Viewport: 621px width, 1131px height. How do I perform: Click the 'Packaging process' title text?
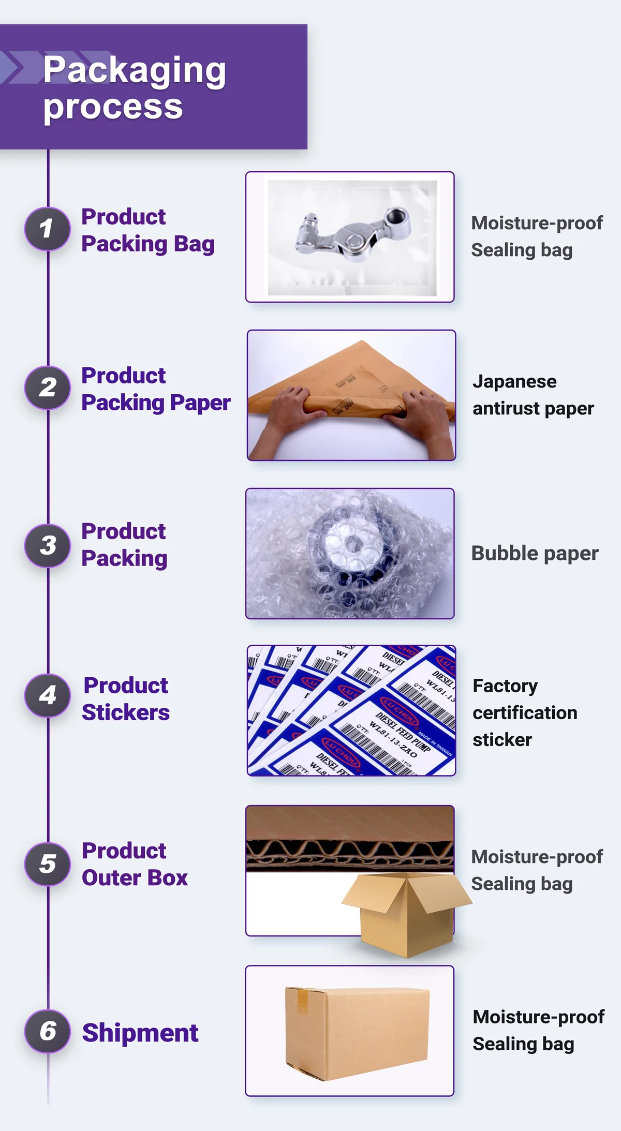point(135,88)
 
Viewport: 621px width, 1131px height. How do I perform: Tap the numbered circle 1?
point(48,229)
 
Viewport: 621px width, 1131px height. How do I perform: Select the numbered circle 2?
point(48,388)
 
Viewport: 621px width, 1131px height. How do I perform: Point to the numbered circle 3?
point(48,545)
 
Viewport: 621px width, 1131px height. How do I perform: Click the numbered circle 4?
point(48,695)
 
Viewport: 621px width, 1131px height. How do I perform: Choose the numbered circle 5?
point(48,864)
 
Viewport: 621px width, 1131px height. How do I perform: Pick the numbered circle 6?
point(48,1031)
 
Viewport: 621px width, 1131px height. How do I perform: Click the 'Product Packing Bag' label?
point(147,230)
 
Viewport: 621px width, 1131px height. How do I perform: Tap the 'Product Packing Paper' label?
point(155,389)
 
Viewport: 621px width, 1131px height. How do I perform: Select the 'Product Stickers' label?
point(126,699)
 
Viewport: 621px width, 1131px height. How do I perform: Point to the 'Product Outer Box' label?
point(135,865)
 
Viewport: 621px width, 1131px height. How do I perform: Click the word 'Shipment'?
point(140,1033)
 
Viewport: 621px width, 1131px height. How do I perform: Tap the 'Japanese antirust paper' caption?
point(533,395)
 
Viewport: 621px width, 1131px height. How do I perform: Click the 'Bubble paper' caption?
point(535,554)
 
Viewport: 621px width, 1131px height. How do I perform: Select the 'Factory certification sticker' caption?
point(525,713)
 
